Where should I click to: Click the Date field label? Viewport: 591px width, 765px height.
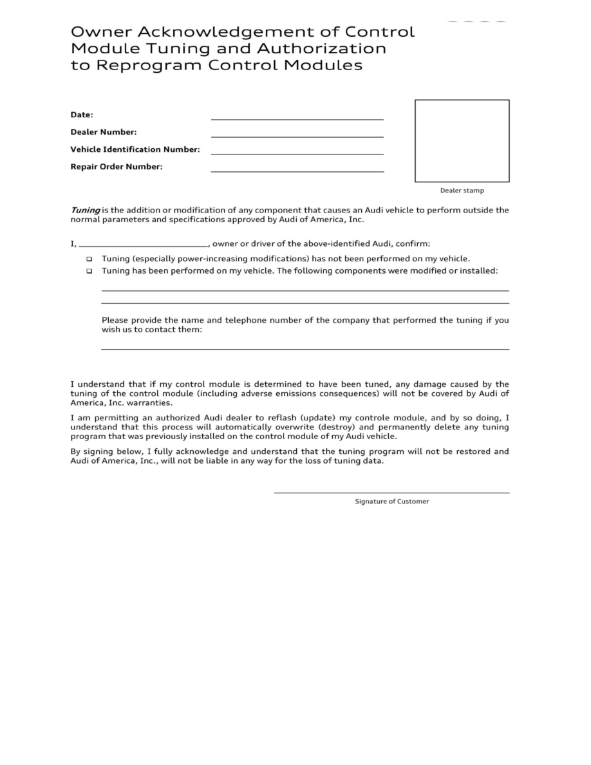(82, 115)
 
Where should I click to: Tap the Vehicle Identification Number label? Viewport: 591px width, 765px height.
(135, 150)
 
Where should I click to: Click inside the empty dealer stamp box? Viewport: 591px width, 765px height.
(462, 140)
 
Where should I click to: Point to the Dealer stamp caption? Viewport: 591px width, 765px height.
(462, 191)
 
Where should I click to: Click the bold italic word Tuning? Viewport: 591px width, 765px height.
(85, 210)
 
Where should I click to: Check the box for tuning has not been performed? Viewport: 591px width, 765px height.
(89, 259)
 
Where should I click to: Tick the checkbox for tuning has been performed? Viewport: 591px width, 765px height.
(89, 271)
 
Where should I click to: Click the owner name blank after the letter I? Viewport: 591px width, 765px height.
(143, 245)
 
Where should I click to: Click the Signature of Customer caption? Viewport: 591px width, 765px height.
(391, 502)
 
